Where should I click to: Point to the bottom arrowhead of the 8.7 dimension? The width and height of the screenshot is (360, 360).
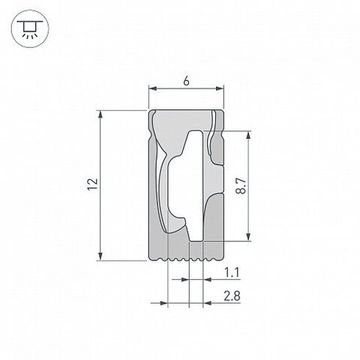(249, 237)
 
